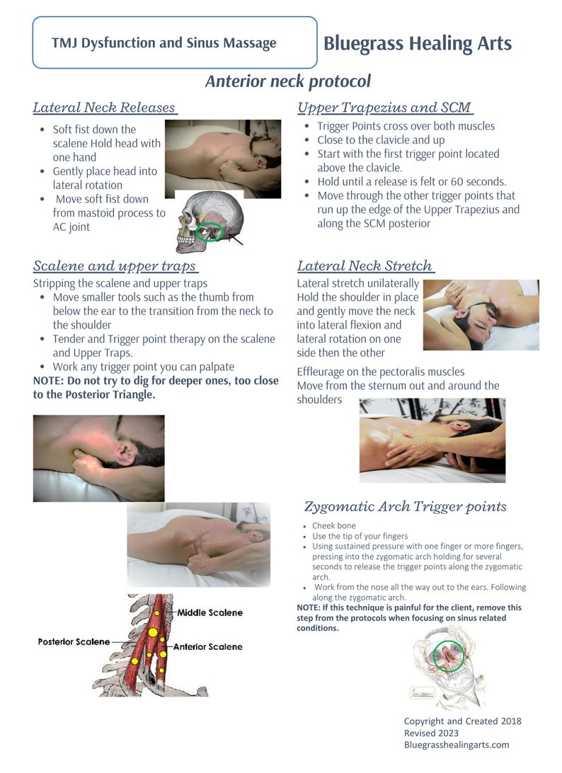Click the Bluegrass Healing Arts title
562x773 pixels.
click(417, 43)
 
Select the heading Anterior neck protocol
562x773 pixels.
click(287, 81)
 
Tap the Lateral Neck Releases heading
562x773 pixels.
click(104, 108)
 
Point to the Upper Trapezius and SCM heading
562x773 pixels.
click(384, 108)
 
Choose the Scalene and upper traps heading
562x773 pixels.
click(115, 266)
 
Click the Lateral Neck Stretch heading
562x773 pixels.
click(365, 266)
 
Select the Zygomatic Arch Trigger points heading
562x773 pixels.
click(405, 506)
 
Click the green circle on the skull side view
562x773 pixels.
click(210, 231)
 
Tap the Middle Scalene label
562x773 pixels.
click(210, 612)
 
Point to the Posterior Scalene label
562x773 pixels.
click(74, 641)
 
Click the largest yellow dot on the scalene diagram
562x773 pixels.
click(151, 631)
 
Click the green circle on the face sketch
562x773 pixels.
click(448, 656)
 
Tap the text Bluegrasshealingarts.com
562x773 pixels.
click(456, 745)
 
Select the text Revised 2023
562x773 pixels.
click(431, 733)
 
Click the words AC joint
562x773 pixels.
click(71, 227)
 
